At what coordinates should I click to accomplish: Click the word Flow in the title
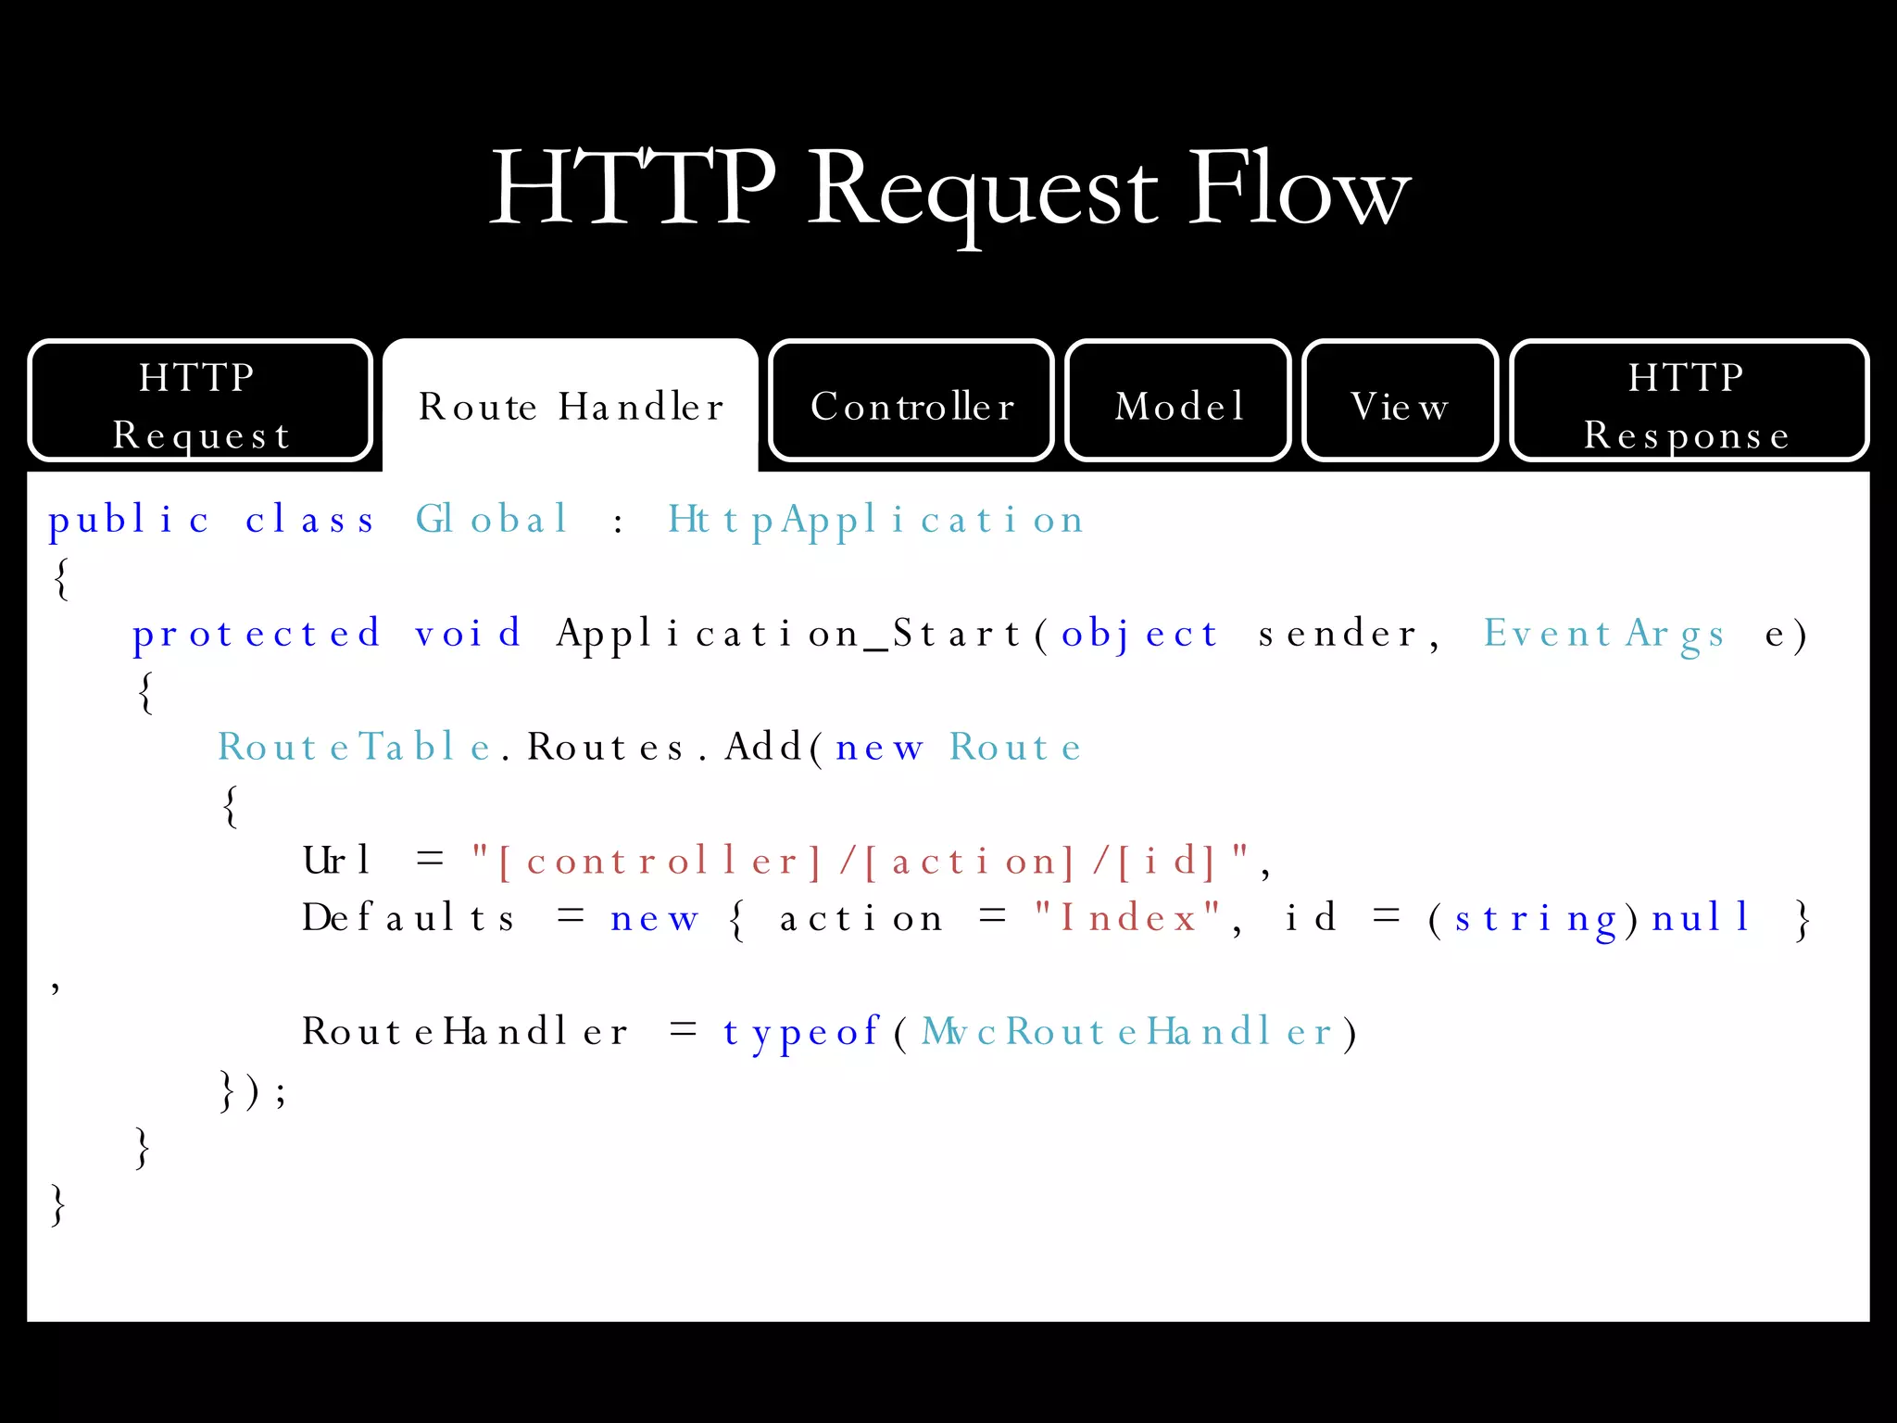click(x=1299, y=190)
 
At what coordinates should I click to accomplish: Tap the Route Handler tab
click(x=571, y=406)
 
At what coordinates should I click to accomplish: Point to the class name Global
click(x=491, y=519)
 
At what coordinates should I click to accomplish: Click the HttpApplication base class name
click(x=875, y=521)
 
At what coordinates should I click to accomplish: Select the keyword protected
click(x=257, y=634)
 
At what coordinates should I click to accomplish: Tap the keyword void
click(x=468, y=634)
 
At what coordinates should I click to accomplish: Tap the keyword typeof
click(x=801, y=1032)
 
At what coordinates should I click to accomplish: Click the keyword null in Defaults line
click(x=1701, y=918)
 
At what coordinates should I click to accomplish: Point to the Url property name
click(x=336, y=862)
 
